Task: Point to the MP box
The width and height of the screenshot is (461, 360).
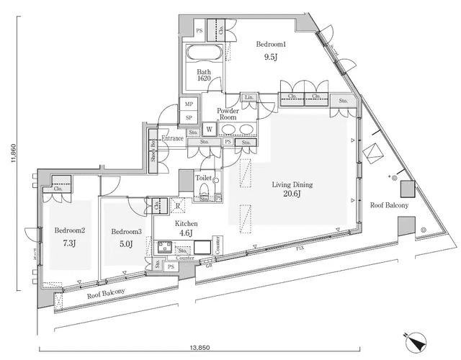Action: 189,104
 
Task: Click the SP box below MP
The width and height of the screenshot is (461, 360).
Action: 189,117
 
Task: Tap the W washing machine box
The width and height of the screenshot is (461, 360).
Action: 209,130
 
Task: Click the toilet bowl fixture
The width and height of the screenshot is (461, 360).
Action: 204,191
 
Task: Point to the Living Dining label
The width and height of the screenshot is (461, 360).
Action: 292,184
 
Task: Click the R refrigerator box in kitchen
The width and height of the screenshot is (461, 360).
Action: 176,204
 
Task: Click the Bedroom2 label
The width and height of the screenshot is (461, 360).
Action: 70,231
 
